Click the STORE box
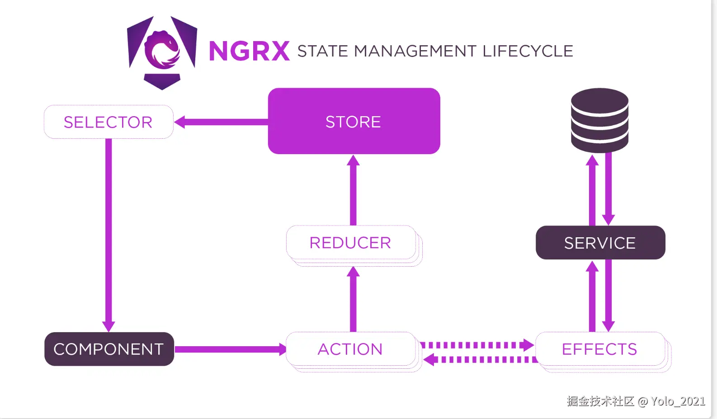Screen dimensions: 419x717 pyautogui.click(x=354, y=121)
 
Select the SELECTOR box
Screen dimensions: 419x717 pyautogui.click(x=108, y=122)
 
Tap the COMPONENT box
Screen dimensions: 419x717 pyautogui.click(x=109, y=349)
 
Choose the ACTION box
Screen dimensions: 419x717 pyautogui.click(x=350, y=349)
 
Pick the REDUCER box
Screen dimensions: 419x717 pyautogui.click(x=350, y=243)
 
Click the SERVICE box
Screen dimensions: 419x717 pyautogui.click(x=600, y=243)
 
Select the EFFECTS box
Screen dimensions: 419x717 pyautogui.click(x=599, y=349)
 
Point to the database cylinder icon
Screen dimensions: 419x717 pyautogui.click(x=599, y=120)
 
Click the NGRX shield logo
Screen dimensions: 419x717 pyautogui.click(x=162, y=52)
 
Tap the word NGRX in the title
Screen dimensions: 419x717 pyautogui.click(x=249, y=51)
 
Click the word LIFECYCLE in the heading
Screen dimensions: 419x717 pyautogui.click(x=528, y=51)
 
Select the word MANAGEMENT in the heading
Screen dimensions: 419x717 pyautogui.click(x=415, y=51)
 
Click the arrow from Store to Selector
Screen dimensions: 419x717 pyautogui.click(x=222, y=122)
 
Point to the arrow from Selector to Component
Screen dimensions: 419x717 pyautogui.click(x=108, y=235)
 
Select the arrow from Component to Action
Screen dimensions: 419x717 pyautogui.click(x=230, y=349)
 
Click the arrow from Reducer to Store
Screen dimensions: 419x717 pyautogui.click(x=353, y=190)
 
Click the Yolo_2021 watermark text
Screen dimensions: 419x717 pyautogui.click(x=678, y=401)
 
